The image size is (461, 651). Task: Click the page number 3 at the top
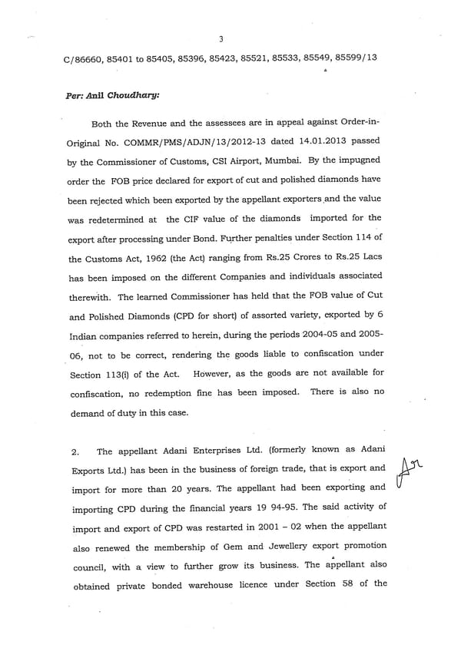pyautogui.click(x=221, y=39)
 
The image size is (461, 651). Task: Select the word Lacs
pyautogui.click(x=367, y=236)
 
